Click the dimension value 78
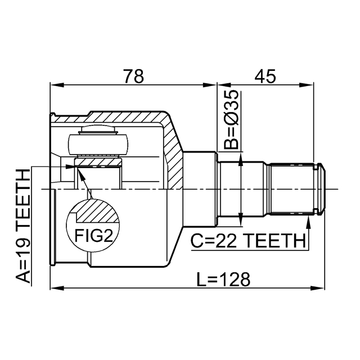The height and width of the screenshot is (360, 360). pyautogui.click(x=134, y=76)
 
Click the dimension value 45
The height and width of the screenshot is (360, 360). pyautogui.click(x=265, y=76)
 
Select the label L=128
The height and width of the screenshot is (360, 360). pyautogui.click(x=223, y=280)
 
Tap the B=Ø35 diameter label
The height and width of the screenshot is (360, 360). pyautogui.click(x=231, y=120)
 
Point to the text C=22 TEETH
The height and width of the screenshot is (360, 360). pyautogui.click(x=248, y=241)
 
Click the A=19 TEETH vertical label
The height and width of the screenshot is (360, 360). pyautogui.click(x=23, y=226)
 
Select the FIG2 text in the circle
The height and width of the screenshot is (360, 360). pyautogui.click(x=94, y=236)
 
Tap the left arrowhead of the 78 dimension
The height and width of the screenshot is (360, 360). pyautogui.click(x=56, y=85)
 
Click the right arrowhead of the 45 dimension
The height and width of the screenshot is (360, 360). pyautogui.click(x=307, y=85)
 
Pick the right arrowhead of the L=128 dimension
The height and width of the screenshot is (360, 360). pyautogui.click(x=318, y=287)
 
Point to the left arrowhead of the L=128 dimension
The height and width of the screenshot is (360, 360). pyautogui.click(x=56, y=287)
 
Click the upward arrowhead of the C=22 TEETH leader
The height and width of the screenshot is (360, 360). pyautogui.click(x=309, y=222)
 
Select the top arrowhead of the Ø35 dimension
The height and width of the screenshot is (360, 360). pyautogui.click(x=241, y=159)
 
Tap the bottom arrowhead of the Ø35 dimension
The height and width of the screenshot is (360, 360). pyautogui.click(x=241, y=220)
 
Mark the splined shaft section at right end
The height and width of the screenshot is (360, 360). pyautogui.click(x=291, y=190)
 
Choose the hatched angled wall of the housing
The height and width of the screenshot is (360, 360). pyautogui.click(x=173, y=151)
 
